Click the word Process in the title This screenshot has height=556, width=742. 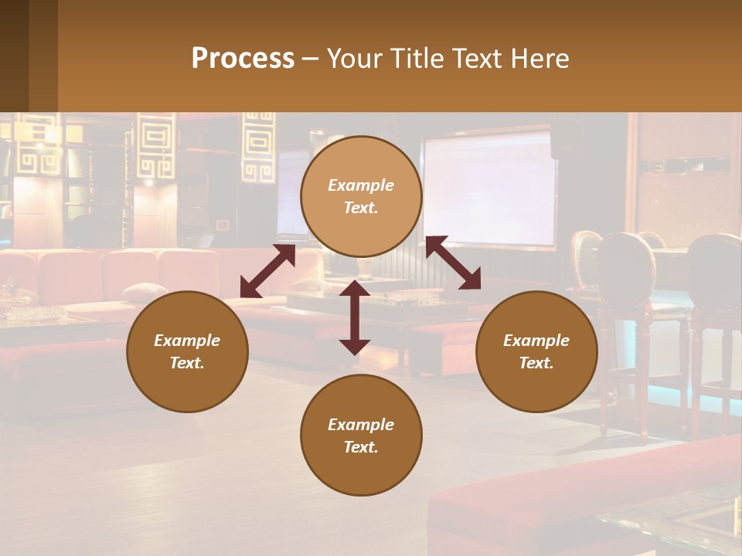[243, 59]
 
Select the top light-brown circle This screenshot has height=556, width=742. [361, 196]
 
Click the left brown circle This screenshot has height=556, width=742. [187, 351]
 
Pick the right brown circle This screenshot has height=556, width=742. [536, 351]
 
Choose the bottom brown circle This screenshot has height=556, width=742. [361, 436]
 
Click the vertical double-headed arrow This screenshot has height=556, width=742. [355, 317]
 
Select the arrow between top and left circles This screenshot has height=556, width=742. [267, 271]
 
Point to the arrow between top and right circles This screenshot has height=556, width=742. [453, 263]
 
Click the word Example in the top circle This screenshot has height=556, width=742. [361, 185]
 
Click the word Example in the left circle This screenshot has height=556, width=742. [187, 341]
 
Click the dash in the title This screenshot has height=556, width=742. [311, 59]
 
